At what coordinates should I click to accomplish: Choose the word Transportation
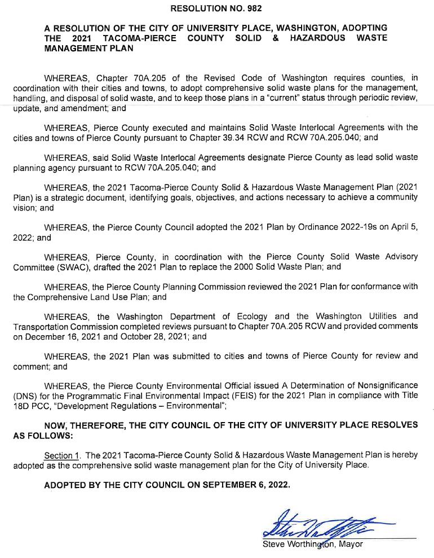(39, 326)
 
